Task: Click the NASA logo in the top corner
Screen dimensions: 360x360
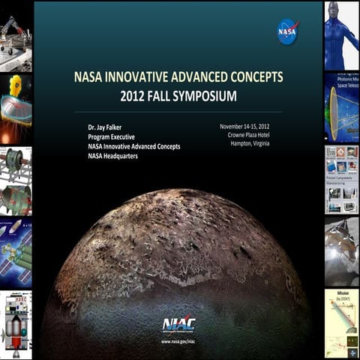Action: [287, 32]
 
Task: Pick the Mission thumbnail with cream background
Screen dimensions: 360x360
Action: [341, 322]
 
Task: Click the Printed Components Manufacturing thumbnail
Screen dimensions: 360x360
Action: [341, 178]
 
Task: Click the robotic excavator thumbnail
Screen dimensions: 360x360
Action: [15, 34]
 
